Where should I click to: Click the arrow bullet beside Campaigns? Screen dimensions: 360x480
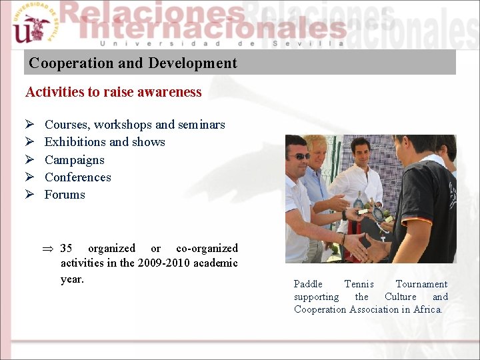coord(29,160)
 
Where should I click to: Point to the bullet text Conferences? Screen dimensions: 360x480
coord(77,177)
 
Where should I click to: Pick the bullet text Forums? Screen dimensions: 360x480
coord(65,195)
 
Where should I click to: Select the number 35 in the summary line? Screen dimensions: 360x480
coord(66,248)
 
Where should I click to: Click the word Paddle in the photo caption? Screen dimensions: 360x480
coord(308,284)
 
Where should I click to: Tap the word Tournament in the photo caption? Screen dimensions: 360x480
coord(421,284)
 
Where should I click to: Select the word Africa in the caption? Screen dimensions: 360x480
coord(427,309)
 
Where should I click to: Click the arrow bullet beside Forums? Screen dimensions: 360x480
coord(29,195)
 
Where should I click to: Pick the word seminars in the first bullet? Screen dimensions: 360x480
coord(201,125)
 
